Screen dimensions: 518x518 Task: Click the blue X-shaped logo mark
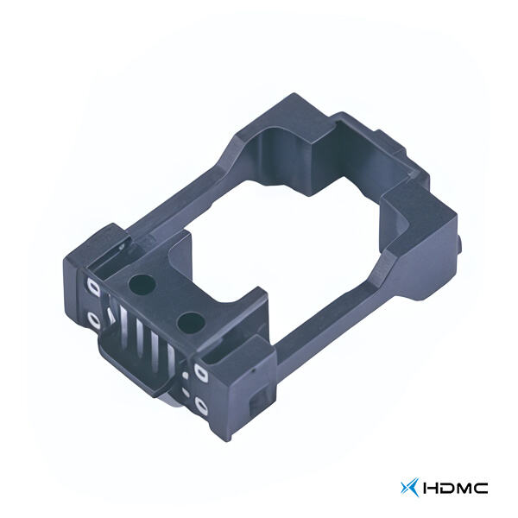pos(410,488)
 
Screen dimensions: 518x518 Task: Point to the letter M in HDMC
pos(463,488)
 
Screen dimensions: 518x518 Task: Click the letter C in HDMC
pos(480,488)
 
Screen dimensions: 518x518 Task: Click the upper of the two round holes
pos(142,285)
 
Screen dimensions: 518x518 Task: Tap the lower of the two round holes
pos(191,322)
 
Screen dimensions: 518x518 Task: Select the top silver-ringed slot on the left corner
pos(93,286)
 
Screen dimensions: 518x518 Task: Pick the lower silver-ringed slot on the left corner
pos(93,321)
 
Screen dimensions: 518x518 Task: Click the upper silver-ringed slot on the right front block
pos(201,373)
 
